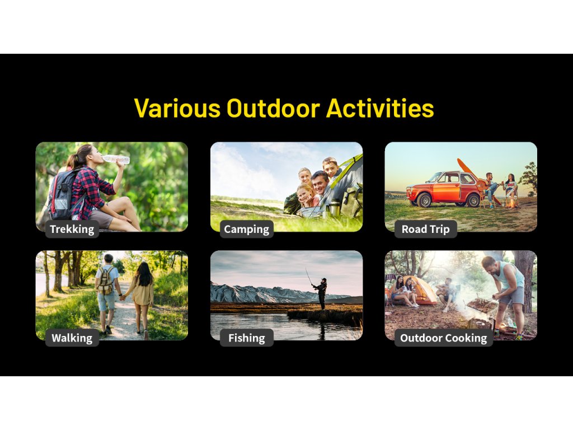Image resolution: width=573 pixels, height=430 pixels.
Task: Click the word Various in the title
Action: coord(177,108)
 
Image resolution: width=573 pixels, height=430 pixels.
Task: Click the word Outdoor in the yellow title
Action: coord(273,108)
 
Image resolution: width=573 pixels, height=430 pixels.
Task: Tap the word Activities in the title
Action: coord(380,108)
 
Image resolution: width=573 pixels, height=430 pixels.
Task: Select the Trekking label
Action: coord(72,229)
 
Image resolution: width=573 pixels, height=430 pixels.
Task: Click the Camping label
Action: coord(247,229)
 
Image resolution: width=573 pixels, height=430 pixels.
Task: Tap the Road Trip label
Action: coord(426,229)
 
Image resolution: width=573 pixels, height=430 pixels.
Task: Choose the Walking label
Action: coord(72,338)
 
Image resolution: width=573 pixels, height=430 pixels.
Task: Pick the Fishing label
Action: coord(247,338)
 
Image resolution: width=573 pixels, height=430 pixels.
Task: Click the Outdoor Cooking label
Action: coord(444,338)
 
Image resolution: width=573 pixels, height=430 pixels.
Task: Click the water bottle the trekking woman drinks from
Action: coord(116,159)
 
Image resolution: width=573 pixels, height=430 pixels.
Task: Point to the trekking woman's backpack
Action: coord(62,194)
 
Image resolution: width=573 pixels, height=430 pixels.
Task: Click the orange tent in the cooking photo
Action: coord(420,291)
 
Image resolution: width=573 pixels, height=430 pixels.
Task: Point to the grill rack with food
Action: coord(482,305)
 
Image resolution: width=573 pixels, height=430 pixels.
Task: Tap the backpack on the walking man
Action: coord(105,281)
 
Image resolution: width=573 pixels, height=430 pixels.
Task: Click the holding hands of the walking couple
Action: coord(123,298)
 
